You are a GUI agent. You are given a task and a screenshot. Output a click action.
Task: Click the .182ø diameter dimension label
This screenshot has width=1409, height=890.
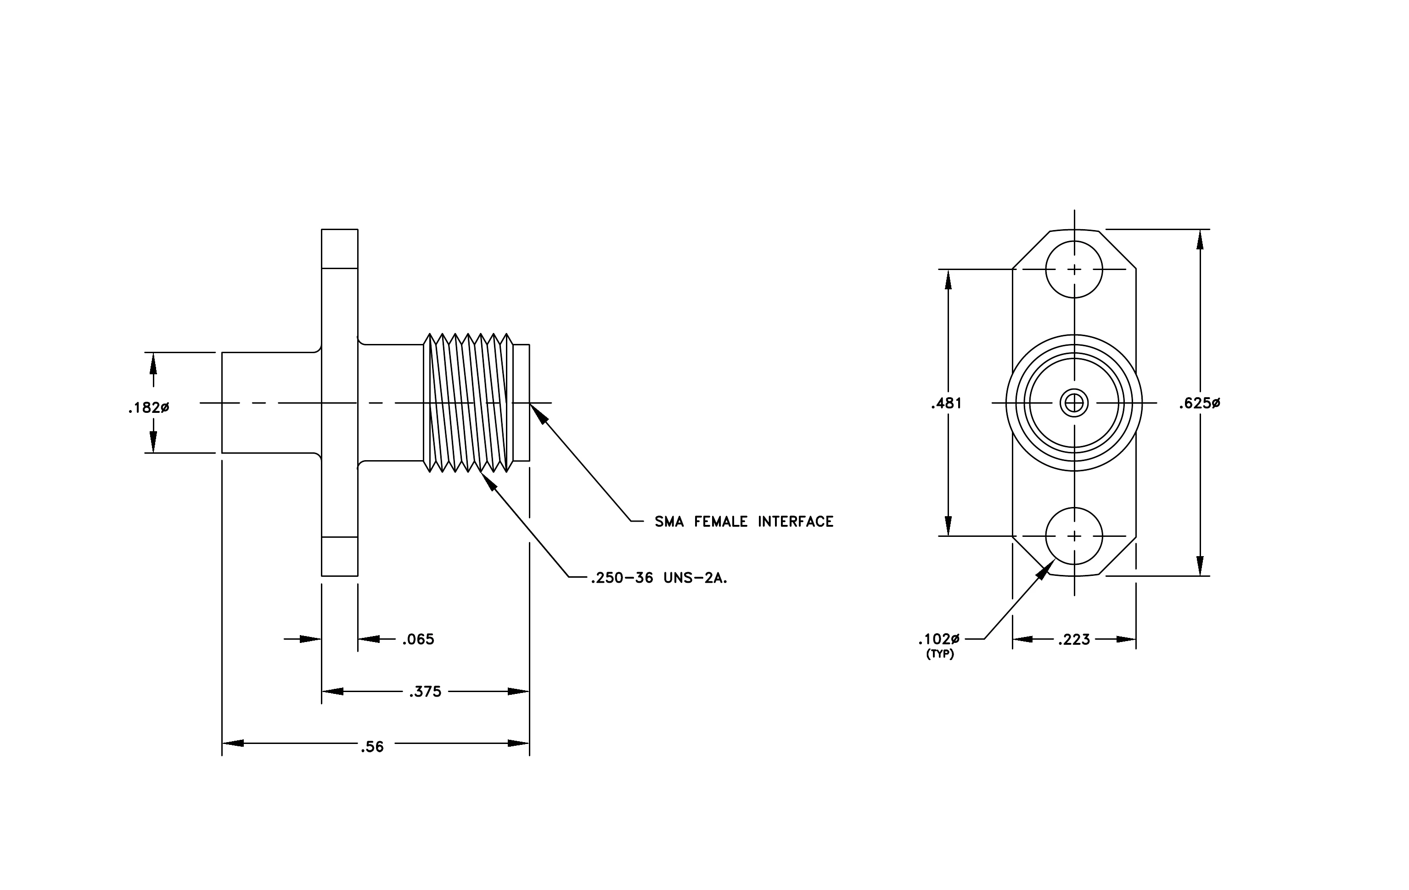(149, 408)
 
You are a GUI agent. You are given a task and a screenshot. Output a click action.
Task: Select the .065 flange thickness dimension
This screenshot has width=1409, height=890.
(418, 640)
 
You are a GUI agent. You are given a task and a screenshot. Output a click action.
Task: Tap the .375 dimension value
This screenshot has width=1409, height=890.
(426, 692)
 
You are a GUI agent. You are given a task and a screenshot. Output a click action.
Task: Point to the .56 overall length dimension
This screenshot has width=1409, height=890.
(372, 747)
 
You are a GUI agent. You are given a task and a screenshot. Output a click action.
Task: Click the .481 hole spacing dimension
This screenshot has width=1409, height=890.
(946, 403)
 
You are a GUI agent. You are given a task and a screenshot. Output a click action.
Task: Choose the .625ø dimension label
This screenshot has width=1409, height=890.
(1200, 403)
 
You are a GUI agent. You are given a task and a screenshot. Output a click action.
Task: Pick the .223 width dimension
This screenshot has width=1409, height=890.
(1074, 640)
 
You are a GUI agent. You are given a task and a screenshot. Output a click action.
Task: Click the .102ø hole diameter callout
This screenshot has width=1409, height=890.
(939, 639)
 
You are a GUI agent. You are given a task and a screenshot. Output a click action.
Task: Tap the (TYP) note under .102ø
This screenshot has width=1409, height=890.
(940, 654)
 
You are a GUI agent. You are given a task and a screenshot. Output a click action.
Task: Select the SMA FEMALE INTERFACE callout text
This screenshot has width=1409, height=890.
(744, 521)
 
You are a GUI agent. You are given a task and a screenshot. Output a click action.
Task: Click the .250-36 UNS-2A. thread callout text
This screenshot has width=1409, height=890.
(659, 578)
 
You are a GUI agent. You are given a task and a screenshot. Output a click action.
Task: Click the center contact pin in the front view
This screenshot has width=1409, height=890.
(1074, 403)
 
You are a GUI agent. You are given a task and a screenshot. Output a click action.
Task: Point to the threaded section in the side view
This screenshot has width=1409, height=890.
(468, 403)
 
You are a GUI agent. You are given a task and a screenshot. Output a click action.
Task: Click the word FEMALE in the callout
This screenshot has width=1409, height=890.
(721, 521)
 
